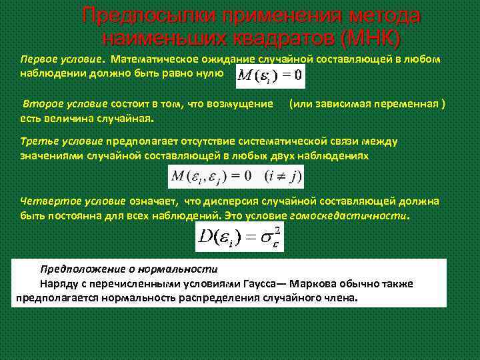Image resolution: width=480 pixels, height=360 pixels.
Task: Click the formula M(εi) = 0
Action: click(x=269, y=75)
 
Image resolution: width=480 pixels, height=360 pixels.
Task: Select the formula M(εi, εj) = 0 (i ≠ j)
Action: click(x=236, y=177)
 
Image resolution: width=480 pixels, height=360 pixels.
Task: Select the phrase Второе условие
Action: click(x=63, y=105)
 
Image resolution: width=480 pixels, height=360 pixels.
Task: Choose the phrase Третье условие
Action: click(x=61, y=141)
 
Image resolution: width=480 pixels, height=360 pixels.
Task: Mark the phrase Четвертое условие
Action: click(x=73, y=201)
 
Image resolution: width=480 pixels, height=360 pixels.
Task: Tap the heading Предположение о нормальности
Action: click(x=129, y=269)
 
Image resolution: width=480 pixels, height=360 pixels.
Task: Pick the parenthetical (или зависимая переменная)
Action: click(x=367, y=105)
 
